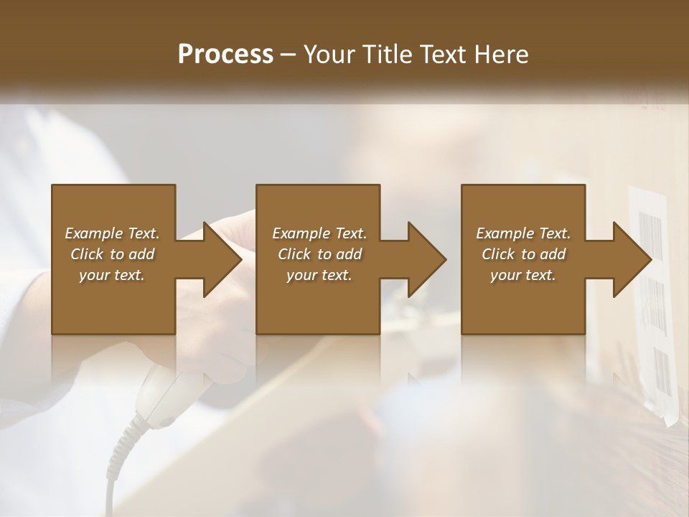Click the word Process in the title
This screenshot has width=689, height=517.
point(225,55)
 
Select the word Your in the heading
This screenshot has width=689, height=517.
point(329,55)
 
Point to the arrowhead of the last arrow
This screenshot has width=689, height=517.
point(631,259)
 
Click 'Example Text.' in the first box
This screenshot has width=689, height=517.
point(112,233)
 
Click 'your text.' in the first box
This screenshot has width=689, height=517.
point(112,275)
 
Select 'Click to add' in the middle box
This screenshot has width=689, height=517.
point(319,254)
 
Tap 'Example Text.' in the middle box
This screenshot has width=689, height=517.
point(319,233)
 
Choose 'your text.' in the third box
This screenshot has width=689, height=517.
point(523,275)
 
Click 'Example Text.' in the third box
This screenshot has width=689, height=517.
point(523,233)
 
